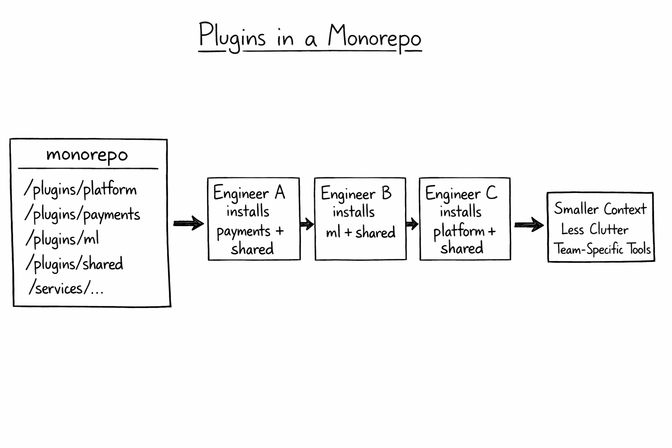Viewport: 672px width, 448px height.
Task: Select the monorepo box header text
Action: click(x=87, y=155)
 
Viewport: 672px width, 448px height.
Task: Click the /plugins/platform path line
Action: click(x=80, y=189)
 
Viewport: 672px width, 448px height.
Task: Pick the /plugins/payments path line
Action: click(x=82, y=214)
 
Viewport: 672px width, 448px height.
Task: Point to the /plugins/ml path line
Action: click(x=62, y=239)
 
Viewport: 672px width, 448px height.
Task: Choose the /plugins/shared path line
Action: click(x=74, y=264)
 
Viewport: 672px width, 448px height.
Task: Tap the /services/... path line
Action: click(x=66, y=288)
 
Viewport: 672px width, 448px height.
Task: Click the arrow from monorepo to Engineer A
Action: click(x=189, y=224)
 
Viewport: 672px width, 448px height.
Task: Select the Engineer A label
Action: click(x=249, y=193)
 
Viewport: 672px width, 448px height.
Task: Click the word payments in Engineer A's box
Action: click(x=244, y=231)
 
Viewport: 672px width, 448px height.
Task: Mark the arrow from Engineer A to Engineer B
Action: click(x=307, y=224)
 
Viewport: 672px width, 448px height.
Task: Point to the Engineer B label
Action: click(x=356, y=193)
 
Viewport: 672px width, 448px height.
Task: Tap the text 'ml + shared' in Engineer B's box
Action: click(x=360, y=232)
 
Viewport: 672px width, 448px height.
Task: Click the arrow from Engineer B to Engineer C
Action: click(x=412, y=224)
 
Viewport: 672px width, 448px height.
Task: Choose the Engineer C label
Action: click(x=461, y=193)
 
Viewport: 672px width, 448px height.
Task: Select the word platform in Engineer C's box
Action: click(x=459, y=231)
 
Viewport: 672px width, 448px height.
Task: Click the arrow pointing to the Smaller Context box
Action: click(x=528, y=225)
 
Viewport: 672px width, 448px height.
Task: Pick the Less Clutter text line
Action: click(x=595, y=229)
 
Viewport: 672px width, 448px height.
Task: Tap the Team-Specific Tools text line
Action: click(x=602, y=249)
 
